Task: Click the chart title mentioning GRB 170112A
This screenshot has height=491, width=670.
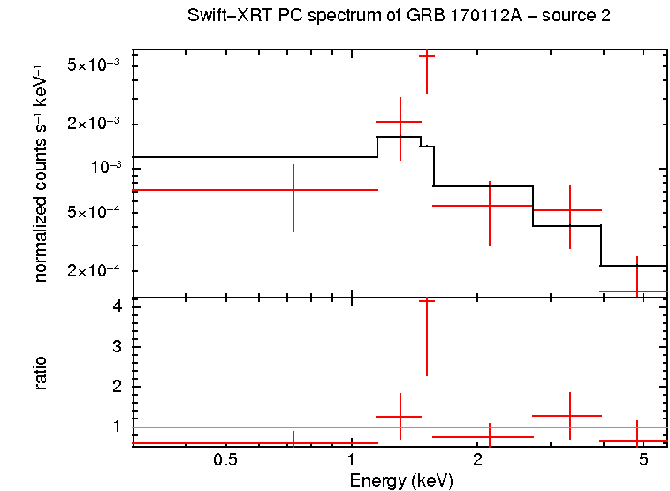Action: (x=399, y=16)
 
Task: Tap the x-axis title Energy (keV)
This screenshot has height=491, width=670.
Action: (x=401, y=480)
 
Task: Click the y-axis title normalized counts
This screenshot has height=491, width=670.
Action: (x=41, y=172)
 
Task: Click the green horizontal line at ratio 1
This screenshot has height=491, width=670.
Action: (x=265, y=428)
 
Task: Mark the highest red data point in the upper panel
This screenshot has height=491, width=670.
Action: (x=427, y=56)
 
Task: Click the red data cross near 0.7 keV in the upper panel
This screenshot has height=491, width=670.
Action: (x=293, y=190)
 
